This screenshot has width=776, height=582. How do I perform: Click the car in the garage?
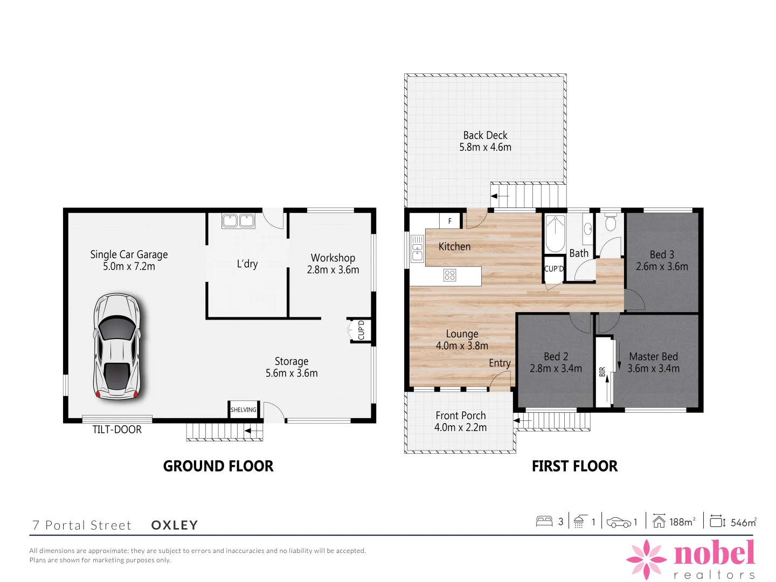[x=117, y=345]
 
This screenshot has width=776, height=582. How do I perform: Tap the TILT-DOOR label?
[x=117, y=429]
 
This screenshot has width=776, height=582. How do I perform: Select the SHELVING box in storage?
[x=244, y=410]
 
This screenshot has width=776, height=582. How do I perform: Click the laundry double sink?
[x=238, y=221]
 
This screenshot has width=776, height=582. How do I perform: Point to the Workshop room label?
[x=333, y=258]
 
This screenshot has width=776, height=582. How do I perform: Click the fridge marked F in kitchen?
[x=450, y=221]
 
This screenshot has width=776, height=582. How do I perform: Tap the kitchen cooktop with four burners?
[x=450, y=275]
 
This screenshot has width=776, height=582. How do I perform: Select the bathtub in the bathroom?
[x=555, y=233]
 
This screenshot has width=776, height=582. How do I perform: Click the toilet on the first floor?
[x=611, y=223]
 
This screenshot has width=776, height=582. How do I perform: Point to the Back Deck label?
[x=485, y=135]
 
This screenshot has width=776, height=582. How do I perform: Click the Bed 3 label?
[x=662, y=254]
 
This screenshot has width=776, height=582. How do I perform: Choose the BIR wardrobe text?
[x=602, y=372]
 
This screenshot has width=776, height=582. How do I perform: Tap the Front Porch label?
[x=461, y=415]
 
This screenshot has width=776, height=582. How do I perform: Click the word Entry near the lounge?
[x=500, y=363]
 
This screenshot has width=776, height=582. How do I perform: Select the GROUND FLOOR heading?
[x=218, y=466]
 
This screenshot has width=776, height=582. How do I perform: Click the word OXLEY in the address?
[x=175, y=525]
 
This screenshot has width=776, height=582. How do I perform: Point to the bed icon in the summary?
[x=544, y=521]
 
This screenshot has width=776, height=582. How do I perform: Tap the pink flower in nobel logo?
[x=646, y=559]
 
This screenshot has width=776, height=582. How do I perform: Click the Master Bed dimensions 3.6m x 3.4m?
[x=653, y=369]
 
